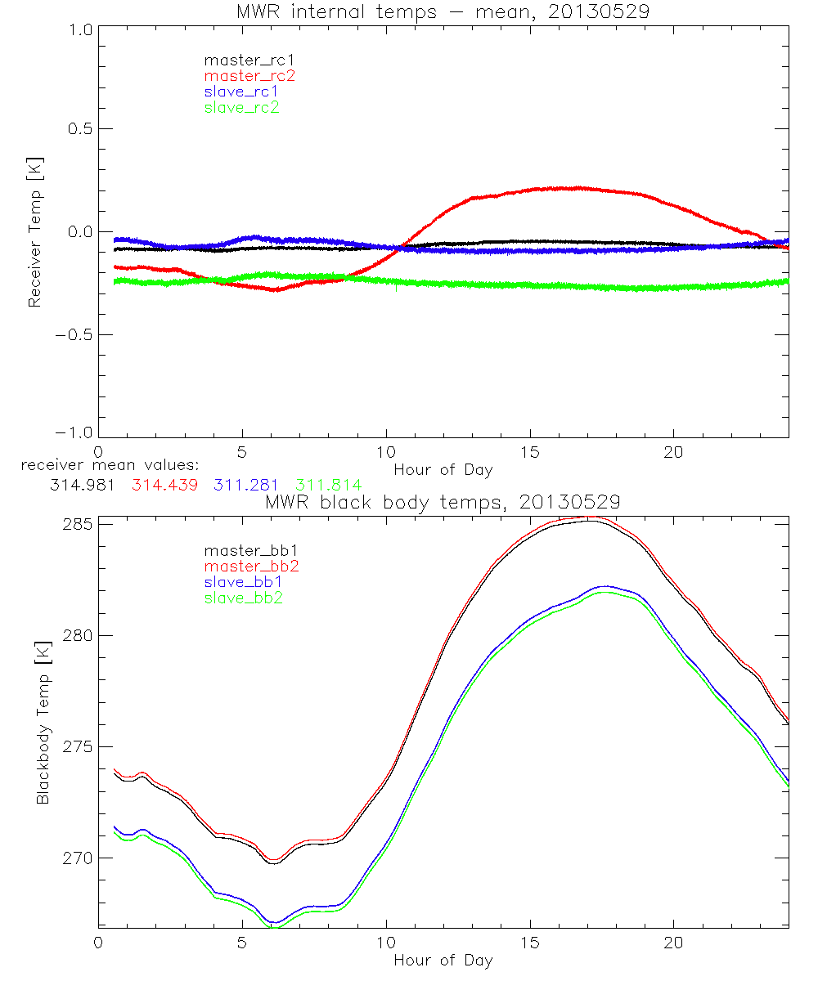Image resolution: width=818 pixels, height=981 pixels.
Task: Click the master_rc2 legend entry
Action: [249, 75]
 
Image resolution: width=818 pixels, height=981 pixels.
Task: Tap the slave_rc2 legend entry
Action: [241, 107]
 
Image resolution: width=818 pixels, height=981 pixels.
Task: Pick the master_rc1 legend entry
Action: [249, 60]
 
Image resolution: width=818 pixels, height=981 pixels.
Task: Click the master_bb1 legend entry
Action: [250, 550]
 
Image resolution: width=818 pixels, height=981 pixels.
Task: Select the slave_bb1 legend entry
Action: [242, 582]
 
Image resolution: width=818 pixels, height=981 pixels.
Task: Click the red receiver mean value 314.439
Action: [164, 486]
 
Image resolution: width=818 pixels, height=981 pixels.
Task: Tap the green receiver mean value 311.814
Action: [329, 486]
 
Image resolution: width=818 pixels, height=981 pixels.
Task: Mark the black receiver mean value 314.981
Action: [82, 486]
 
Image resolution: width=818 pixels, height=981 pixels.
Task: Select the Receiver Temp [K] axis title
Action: [35, 232]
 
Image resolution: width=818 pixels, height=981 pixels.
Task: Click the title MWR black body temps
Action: [443, 502]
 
